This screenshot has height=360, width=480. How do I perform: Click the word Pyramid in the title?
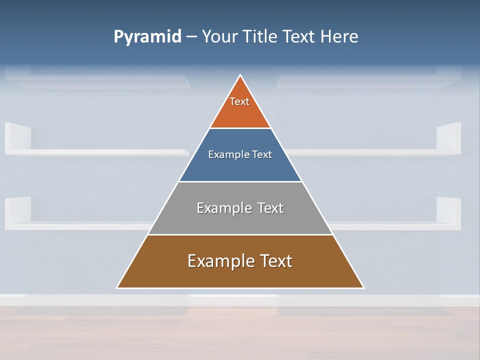coord(147,37)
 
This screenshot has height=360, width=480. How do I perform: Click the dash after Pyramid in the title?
coord(191,37)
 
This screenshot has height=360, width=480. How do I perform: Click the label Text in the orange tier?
coord(239,101)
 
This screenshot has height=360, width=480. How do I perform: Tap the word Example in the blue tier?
coord(226,155)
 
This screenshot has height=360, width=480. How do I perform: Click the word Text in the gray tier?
coord(270,208)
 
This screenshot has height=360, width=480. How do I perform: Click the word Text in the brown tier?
coord(276,261)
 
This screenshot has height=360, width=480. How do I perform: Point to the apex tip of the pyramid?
coord(240,75)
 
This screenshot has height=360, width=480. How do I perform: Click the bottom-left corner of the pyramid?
coord(117,287)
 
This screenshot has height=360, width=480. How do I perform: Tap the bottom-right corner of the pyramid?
coord(363,287)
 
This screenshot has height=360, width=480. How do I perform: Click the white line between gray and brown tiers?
coord(240,234)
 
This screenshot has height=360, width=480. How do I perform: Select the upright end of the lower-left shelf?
coord(18,209)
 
